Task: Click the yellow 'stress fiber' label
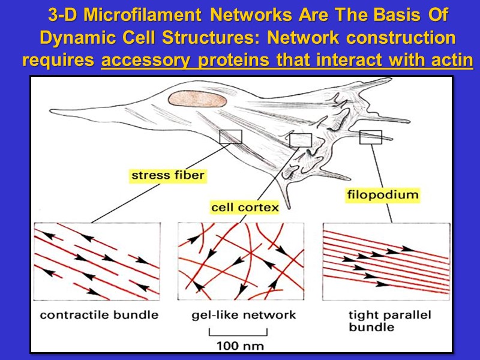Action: tap(167, 176)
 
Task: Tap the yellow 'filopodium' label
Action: tap(382, 195)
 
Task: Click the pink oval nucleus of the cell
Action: tap(196, 100)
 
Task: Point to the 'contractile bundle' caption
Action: tap(99, 315)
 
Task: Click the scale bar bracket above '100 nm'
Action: tap(239, 332)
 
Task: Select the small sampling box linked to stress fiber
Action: tap(230, 137)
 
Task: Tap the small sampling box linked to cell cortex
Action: tap(301, 140)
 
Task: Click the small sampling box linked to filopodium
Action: tap(370, 137)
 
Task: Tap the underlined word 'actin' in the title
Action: tap(450, 61)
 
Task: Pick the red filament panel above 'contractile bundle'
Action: tap(97, 262)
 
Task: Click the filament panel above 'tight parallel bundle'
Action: tap(386, 262)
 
